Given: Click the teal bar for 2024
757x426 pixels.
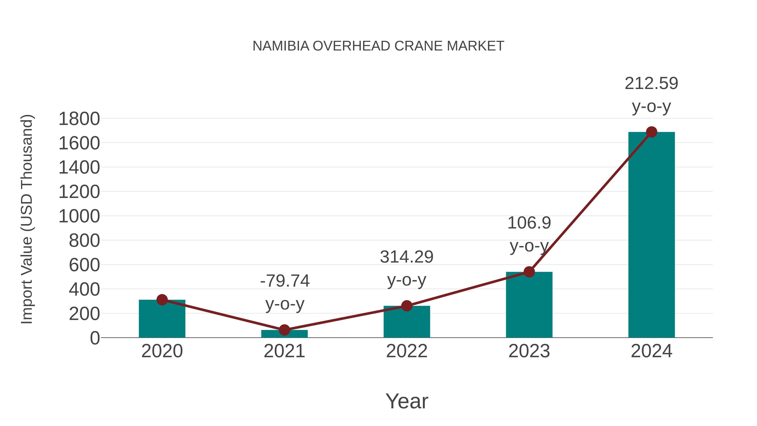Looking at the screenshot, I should click(651, 235).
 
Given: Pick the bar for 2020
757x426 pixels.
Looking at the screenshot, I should click(162, 319).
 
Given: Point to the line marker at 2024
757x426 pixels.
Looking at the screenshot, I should click(651, 132).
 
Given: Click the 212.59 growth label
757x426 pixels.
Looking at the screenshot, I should click(651, 84).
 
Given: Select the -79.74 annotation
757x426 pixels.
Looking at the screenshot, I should click(285, 281).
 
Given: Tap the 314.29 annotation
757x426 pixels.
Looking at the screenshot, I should click(406, 257).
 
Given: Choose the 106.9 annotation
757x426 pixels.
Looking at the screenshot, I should click(529, 223).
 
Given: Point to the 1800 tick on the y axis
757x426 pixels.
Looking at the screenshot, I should click(79, 119).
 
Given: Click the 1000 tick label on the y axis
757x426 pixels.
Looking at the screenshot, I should click(79, 216).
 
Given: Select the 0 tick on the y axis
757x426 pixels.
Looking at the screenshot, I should click(95, 338).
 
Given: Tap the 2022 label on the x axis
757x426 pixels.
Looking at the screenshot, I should click(406, 351).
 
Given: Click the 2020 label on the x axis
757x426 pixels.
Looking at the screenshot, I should click(162, 351).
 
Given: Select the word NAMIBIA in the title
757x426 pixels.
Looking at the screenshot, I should click(281, 46).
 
